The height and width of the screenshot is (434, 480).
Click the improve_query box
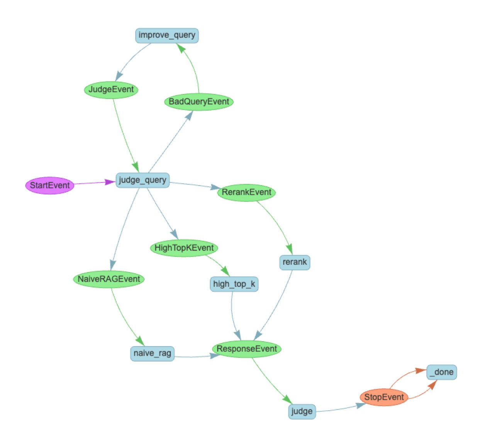(167, 36)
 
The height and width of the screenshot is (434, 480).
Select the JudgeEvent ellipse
(111, 90)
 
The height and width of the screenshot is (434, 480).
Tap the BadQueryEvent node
(199, 102)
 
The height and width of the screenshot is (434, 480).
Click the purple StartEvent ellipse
(50, 185)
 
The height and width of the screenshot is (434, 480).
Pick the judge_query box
(142, 180)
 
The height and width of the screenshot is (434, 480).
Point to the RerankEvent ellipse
(246, 192)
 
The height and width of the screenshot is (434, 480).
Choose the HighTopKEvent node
(184, 248)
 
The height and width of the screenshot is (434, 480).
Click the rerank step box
(295, 262)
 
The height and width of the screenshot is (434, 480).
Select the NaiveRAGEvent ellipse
(109, 279)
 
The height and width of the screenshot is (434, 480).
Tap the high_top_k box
(234, 284)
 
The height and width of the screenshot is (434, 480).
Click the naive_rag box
(152, 353)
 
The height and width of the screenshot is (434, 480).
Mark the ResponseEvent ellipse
(246, 349)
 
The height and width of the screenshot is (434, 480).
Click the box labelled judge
(302, 411)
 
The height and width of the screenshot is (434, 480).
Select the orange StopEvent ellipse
(384, 397)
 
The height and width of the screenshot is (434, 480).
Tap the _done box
(442, 372)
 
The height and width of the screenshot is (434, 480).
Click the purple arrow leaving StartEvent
(93, 183)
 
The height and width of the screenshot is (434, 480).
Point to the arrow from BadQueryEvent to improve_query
(195, 70)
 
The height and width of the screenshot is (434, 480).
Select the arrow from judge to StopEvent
(340, 409)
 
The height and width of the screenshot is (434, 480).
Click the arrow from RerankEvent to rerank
(276, 222)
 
